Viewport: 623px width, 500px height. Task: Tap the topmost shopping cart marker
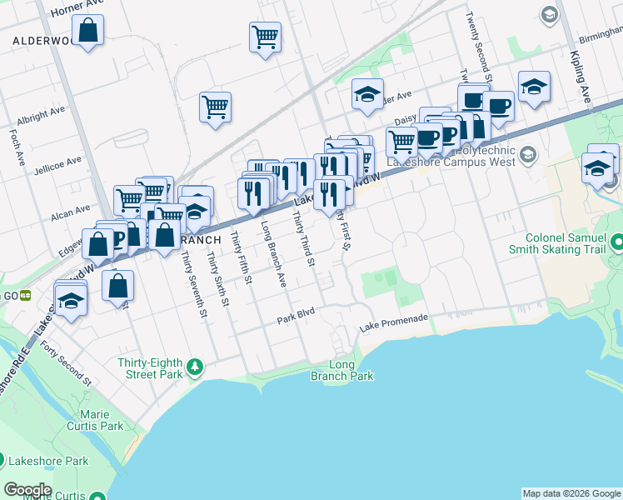(x=265, y=37)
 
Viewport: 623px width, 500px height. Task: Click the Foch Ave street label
(x=16, y=145)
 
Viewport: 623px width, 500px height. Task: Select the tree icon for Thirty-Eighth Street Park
(x=195, y=366)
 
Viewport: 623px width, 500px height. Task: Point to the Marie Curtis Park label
(x=101, y=420)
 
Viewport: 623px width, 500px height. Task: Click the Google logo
(x=27, y=490)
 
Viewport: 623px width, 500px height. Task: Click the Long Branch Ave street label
(x=272, y=255)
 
